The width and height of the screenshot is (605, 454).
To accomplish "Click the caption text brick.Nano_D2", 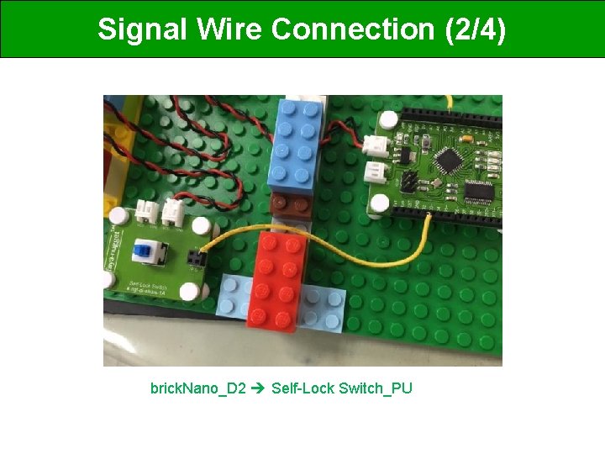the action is point(197,388).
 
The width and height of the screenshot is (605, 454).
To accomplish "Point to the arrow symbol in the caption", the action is point(259,388).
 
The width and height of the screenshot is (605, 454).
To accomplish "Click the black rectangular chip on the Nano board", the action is point(483,192).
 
